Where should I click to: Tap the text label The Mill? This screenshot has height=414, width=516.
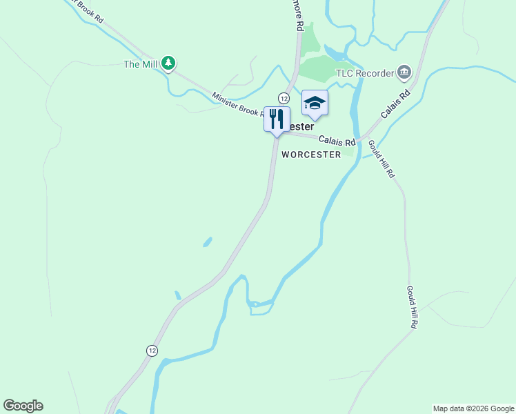click(x=141, y=65)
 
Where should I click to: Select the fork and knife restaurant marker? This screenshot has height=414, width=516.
click(x=277, y=119)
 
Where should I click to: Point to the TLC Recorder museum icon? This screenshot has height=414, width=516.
click(x=404, y=72)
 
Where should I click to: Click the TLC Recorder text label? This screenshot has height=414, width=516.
click(x=364, y=72)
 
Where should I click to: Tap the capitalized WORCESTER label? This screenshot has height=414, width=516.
click(x=311, y=155)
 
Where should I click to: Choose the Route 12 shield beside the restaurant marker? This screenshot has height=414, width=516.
click(x=284, y=97)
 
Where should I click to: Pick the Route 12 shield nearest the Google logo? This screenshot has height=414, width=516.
click(x=152, y=351)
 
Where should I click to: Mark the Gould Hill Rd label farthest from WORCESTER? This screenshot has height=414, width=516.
click(x=412, y=308)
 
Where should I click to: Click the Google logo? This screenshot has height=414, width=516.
click(x=23, y=406)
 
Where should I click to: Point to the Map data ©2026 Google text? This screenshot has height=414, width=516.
click(x=474, y=408)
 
